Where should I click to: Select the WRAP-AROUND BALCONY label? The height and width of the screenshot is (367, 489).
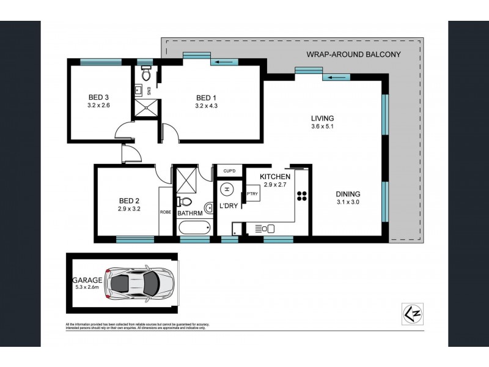tap(353, 54)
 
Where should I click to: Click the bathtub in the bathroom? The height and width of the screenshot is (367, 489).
tap(193, 228)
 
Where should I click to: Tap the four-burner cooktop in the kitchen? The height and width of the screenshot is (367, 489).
tap(301, 196)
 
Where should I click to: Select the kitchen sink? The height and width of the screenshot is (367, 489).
tap(267, 228)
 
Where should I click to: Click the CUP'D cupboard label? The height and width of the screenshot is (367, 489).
tap(230, 171)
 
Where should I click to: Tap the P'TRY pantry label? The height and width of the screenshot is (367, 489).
tap(252, 195)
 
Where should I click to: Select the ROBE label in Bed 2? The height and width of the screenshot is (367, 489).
tap(165, 212)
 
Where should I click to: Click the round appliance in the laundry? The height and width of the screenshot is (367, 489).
tap(227, 190)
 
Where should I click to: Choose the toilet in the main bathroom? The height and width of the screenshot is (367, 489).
tap(185, 202)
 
